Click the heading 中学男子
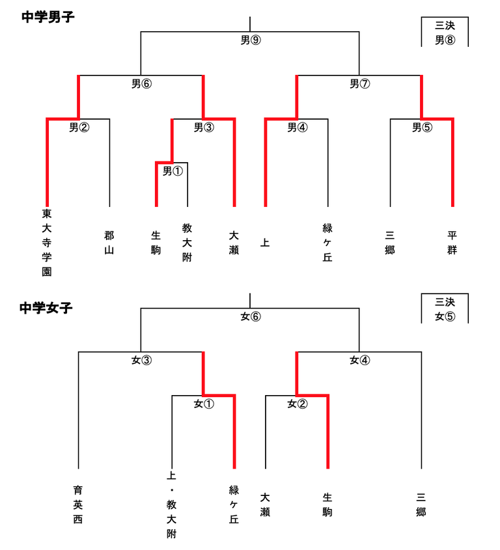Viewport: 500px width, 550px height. tap(48, 17)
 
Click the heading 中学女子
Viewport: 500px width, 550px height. tap(46, 308)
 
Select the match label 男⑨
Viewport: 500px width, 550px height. tap(250, 40)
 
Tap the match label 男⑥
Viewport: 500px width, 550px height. tap(141, 83)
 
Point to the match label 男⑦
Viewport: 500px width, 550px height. tap(359, 83)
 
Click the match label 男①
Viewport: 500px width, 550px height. tap(172, 171)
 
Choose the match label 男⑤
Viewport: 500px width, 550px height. tap(422, 128)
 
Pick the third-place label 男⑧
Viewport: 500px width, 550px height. tap(445, 40)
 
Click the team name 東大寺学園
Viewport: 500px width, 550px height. tap(47, 243)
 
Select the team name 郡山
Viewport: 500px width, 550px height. tap(109, 243)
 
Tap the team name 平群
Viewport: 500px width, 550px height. tap(452, 243)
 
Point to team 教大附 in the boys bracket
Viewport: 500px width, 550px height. tap(187, 243)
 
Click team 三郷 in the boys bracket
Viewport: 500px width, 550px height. tap(390, 243)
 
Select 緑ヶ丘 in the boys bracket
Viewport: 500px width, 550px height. tap(327, 243)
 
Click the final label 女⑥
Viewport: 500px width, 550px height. tap(250, 317)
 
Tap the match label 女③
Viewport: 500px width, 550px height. tap(141, 360)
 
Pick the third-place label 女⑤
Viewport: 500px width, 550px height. tap(445, 317)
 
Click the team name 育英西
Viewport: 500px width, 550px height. tap(78, 504)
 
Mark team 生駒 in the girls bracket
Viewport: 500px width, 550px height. tap(327, 504)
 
